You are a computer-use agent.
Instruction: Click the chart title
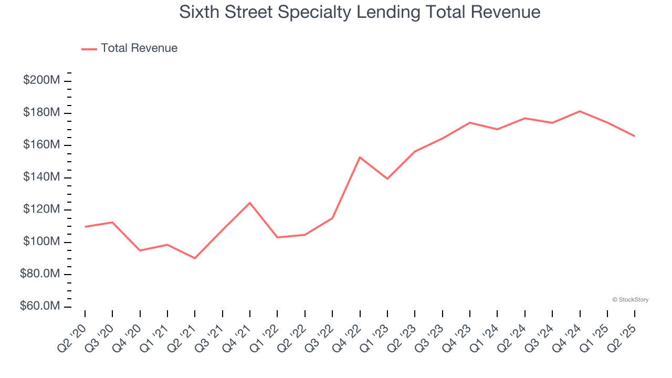pos(360,12)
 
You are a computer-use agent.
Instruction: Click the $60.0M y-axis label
pos(40,307)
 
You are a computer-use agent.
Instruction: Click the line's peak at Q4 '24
pos(580,111)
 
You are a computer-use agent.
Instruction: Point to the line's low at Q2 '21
pos(195,258)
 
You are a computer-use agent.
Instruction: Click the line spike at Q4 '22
pos(360,157)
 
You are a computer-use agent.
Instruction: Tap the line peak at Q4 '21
pos(250,203)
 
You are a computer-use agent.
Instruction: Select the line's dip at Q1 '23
pos(387,179)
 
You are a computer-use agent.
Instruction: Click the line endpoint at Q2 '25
pos(634,136)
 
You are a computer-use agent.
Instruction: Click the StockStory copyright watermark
pos(630,300)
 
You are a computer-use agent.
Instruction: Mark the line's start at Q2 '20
pos(85,227)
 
